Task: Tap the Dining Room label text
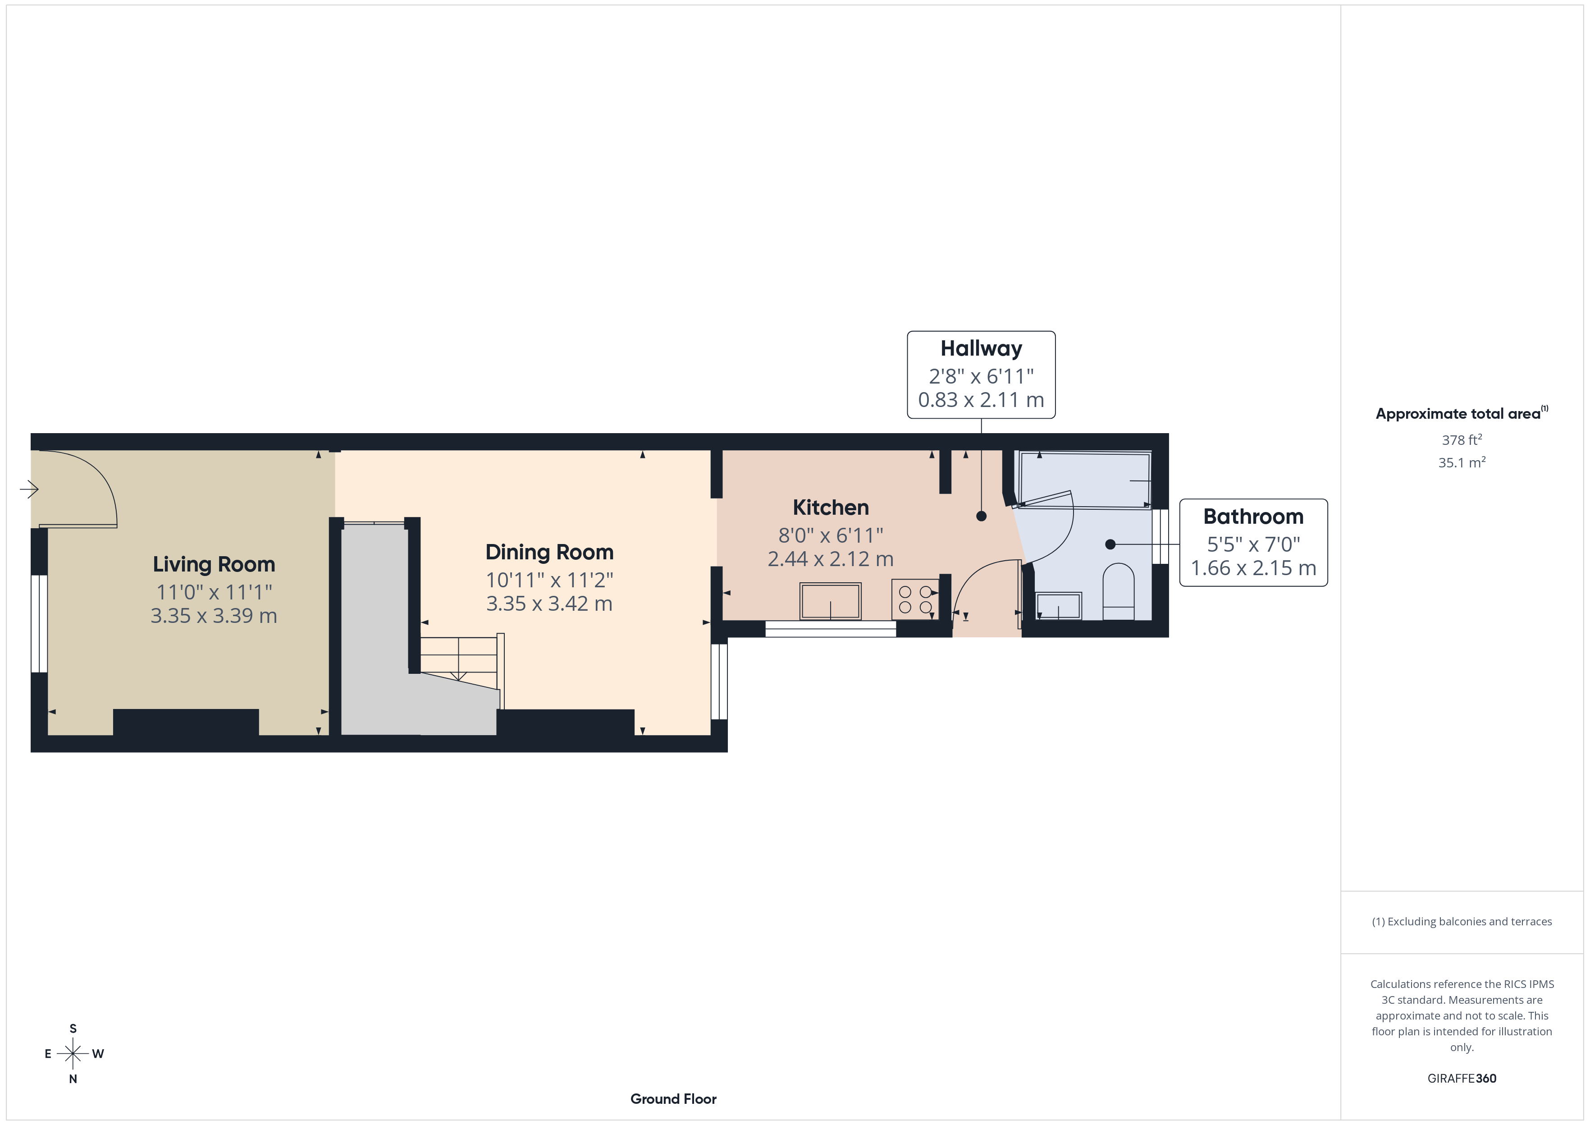(549, 552)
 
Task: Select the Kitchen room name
(830, 508)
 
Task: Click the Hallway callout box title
(981, 348)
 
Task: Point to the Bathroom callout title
(1253, 517)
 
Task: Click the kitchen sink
(830, 601)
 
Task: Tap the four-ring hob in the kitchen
(915, 599)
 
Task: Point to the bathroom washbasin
(1058, 606)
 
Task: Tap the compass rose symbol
(73, 1054)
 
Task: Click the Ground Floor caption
(673, 1099)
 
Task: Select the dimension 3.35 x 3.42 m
(549, 604)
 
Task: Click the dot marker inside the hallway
(981, 516)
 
